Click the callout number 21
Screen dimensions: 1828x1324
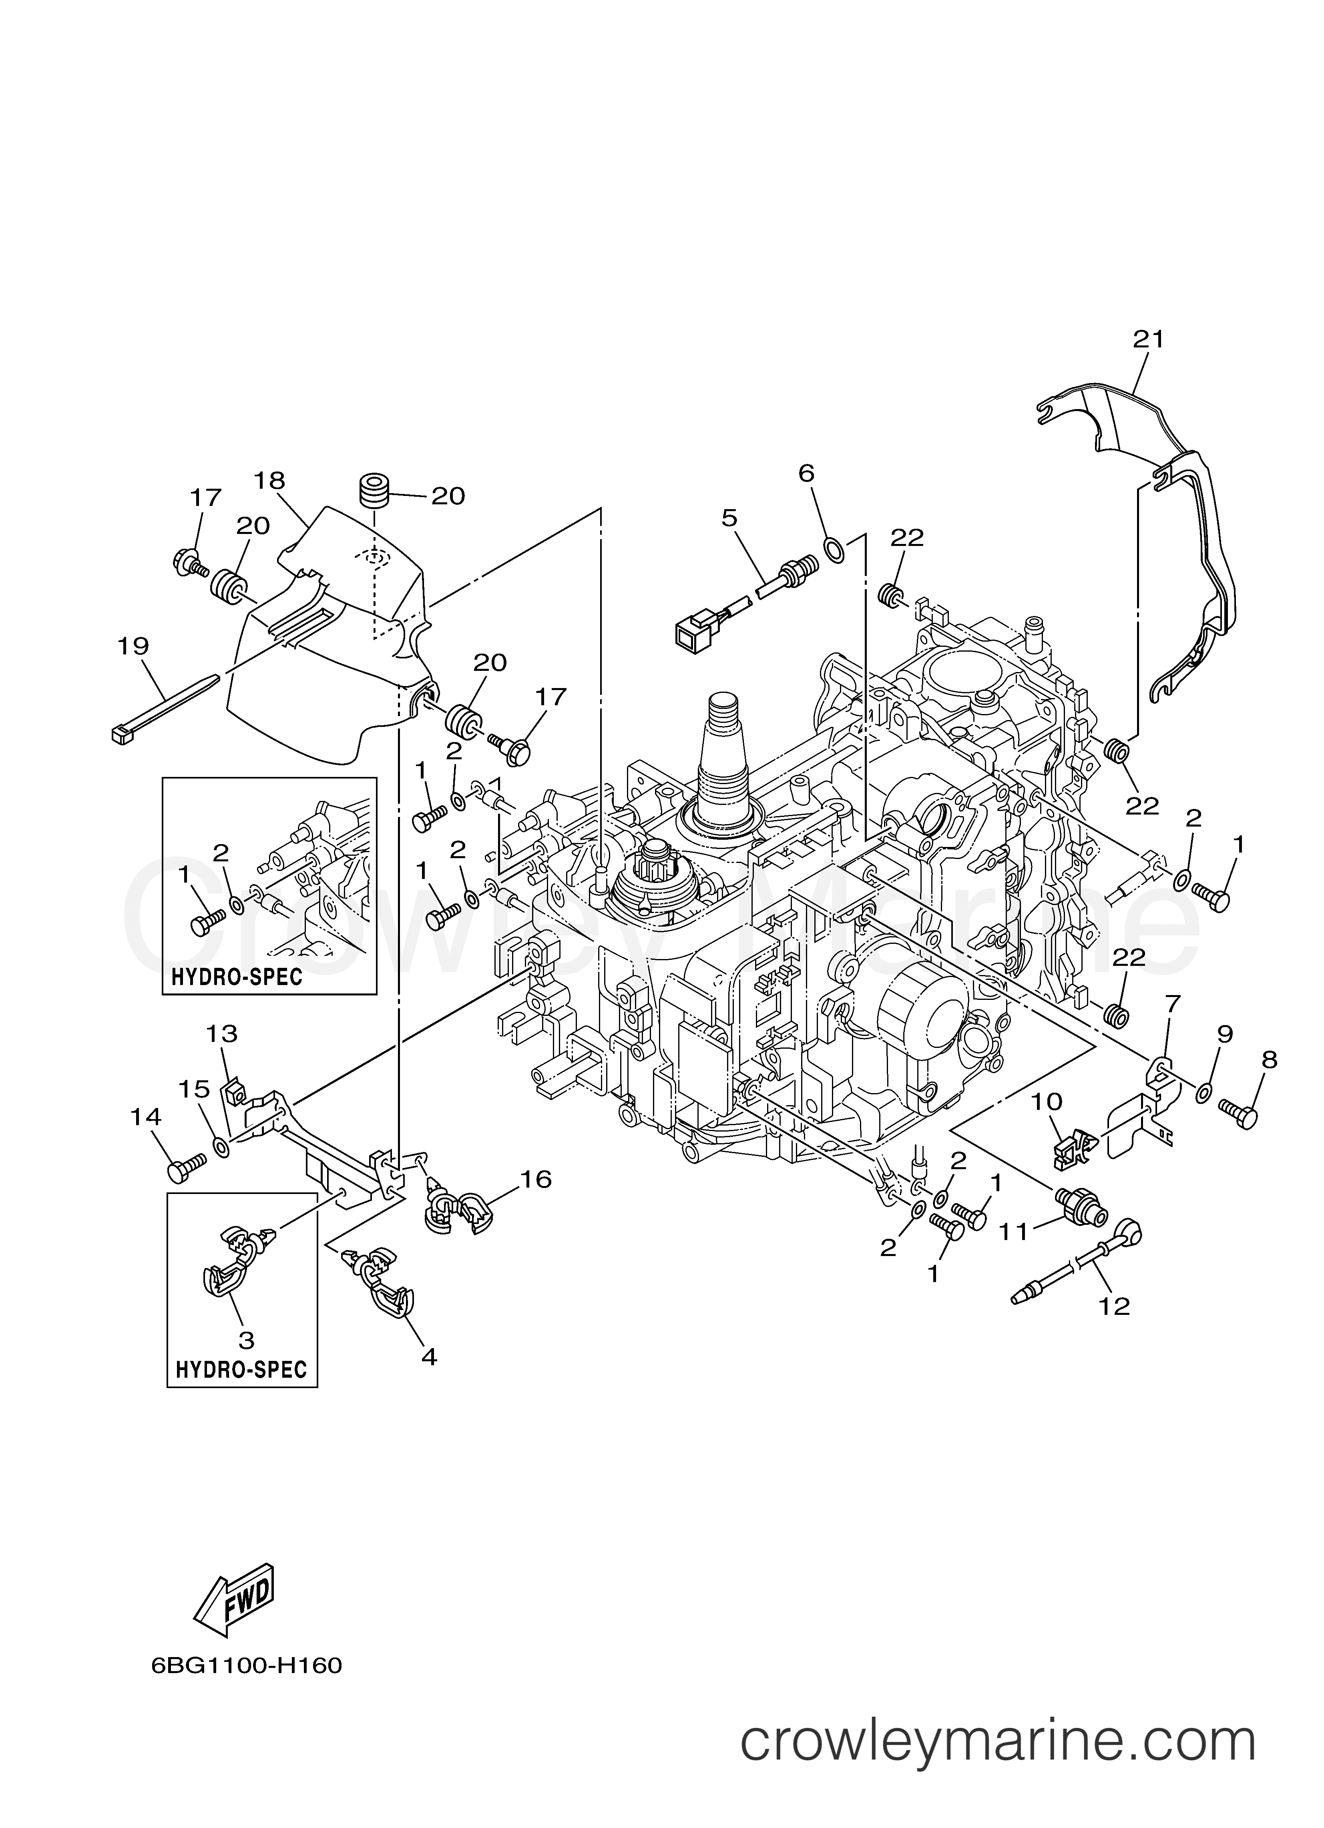click(x=1148, y=340)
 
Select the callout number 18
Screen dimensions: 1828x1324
click(x=269, y=481)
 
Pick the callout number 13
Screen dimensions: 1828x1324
click(x=222, y=1033)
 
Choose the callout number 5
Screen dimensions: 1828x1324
click(x=729, y=518)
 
